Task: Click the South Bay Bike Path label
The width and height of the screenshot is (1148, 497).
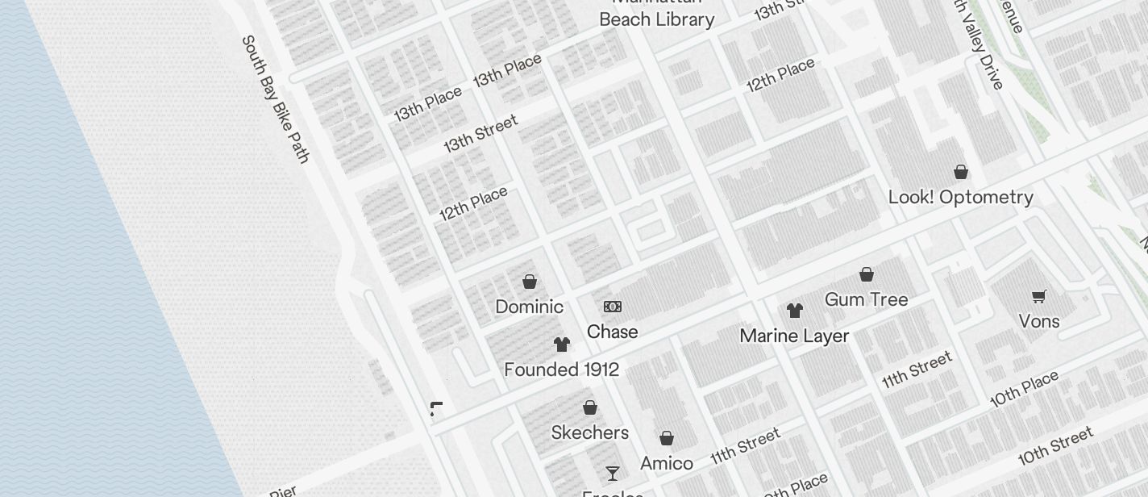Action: [276, 99]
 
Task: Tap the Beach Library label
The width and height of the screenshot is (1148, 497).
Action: [656, 19]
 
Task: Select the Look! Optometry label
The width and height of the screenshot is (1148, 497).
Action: [960, 197]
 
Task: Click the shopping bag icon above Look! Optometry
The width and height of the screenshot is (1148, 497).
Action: [960, 172]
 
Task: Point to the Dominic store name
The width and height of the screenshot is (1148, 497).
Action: [529, 307]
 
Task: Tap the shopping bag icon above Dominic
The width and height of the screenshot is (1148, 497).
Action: [530, 282]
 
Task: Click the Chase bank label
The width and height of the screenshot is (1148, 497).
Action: [612, 332]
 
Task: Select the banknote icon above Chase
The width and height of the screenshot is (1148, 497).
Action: [613, 307]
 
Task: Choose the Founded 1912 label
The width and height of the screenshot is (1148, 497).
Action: [561, 370]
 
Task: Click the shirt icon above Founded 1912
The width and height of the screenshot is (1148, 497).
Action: [562, 345]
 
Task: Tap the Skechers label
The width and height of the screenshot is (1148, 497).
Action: [589, 432]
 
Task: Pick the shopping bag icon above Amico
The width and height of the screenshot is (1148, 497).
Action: [667, 438]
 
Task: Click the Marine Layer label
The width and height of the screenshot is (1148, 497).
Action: [794, 336]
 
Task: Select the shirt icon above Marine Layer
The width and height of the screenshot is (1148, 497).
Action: [795, 311]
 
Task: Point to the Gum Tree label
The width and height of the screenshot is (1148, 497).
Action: [866, 299]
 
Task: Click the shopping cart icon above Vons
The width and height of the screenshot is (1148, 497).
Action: [1039, 296]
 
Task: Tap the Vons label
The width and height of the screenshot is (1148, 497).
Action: [1038, 321]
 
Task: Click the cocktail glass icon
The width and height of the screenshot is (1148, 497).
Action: [613, 473]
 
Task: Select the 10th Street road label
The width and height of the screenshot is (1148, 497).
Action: [1055, 446]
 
